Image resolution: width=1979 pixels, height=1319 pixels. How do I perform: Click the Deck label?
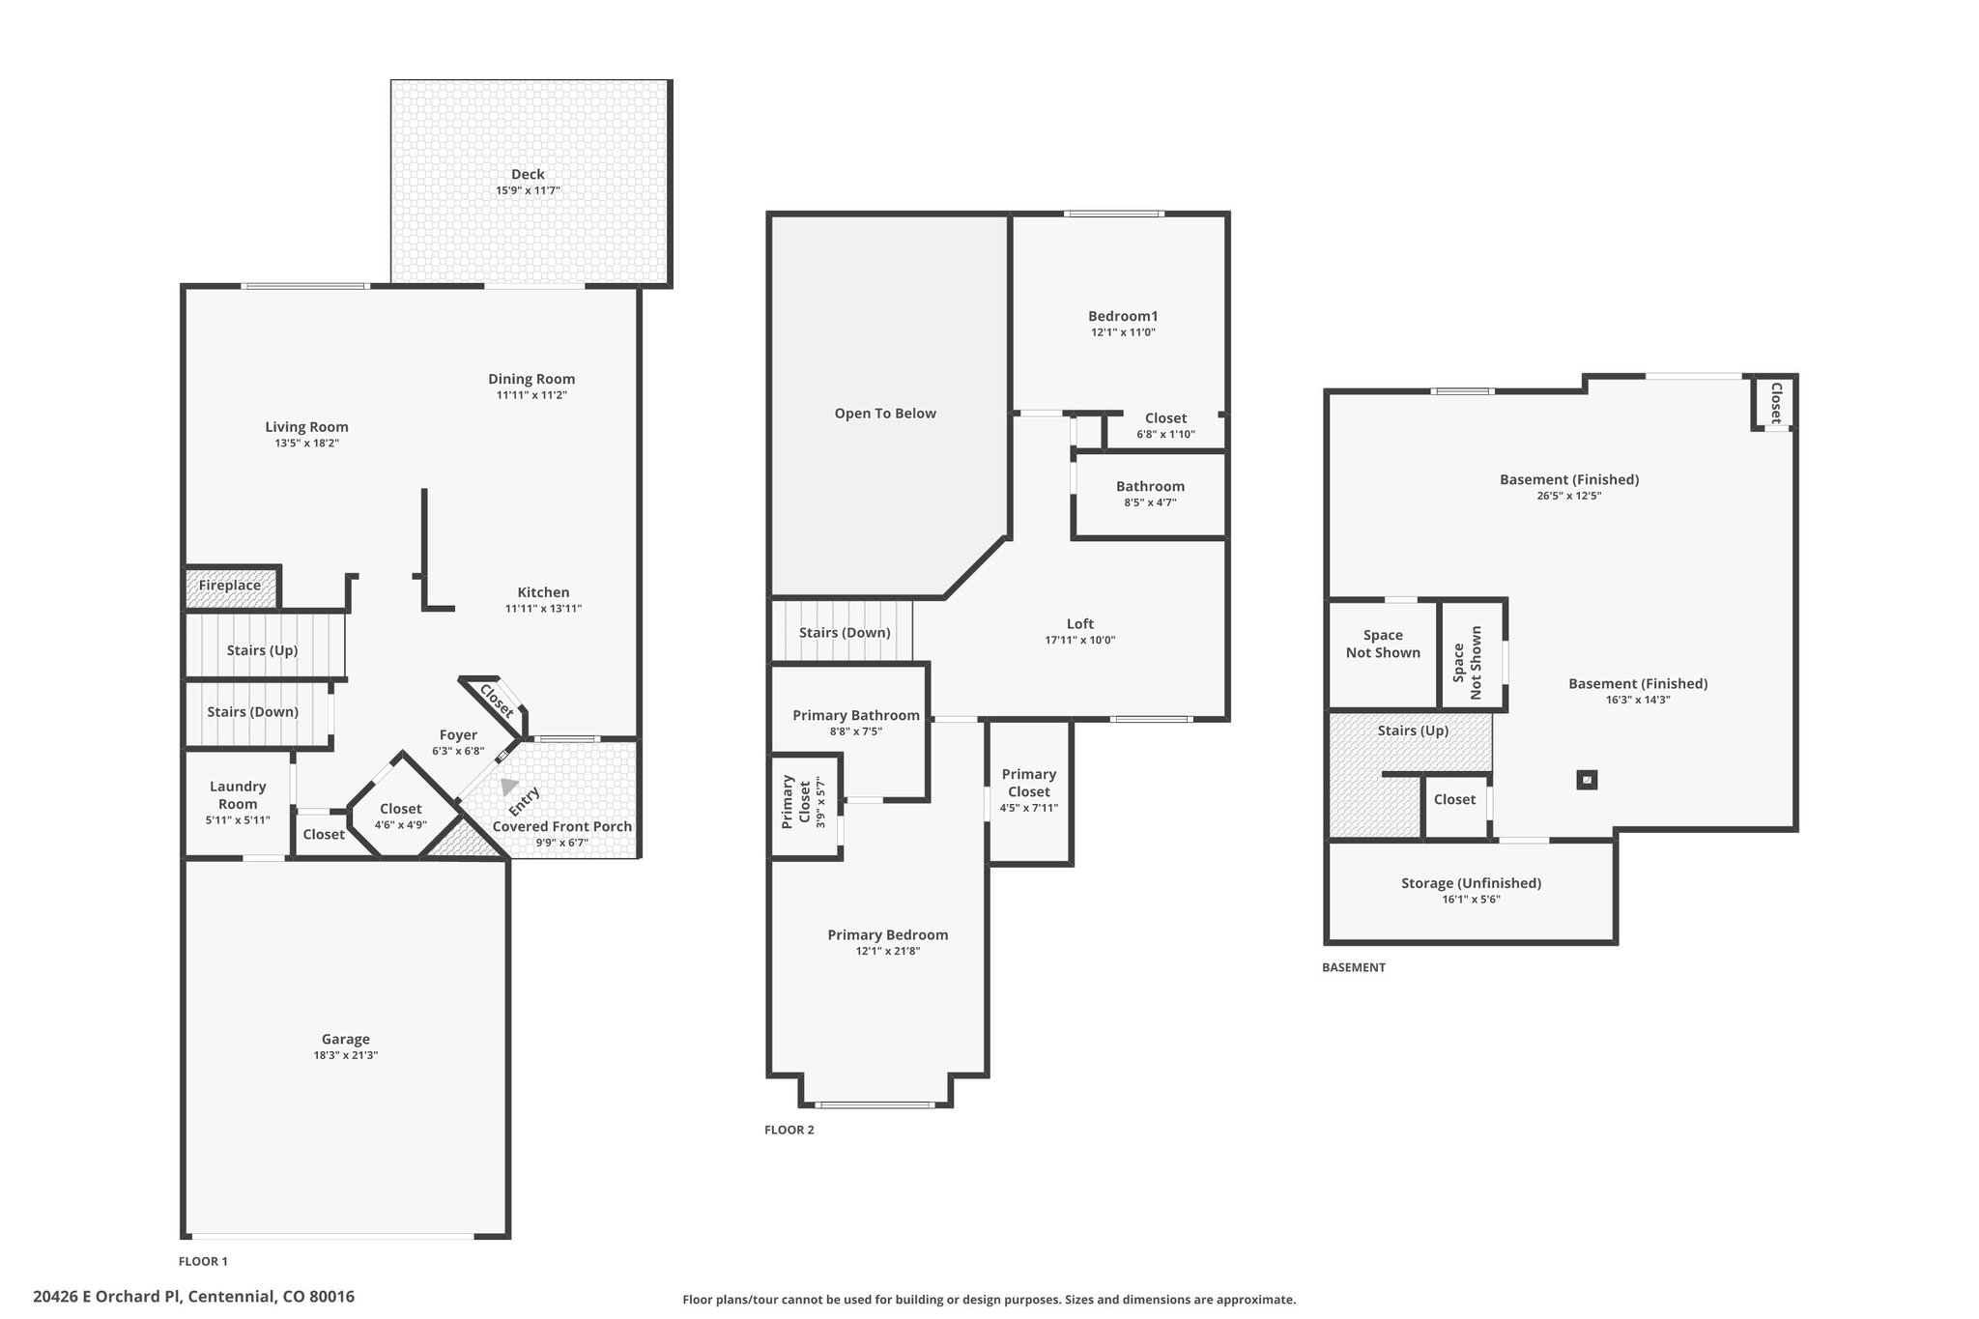528,174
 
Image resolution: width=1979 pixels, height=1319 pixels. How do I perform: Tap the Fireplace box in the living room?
232,588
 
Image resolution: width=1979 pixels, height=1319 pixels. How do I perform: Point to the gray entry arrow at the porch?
508,786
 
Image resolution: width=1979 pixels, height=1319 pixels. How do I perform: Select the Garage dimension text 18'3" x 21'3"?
345,1055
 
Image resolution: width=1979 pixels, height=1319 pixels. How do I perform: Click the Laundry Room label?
238,795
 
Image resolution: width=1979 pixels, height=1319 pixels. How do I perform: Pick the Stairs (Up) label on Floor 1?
262,650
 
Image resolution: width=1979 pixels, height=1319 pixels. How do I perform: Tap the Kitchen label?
543,592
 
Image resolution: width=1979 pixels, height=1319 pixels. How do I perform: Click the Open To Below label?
885,414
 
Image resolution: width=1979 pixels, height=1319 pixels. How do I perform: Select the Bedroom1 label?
1123,316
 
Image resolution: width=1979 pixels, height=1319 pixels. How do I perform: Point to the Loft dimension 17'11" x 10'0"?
1080,640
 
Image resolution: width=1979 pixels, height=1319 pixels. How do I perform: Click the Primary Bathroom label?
856,715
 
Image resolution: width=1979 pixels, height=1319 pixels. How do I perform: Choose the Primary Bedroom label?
888,934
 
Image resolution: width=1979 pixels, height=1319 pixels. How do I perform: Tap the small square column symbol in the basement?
1587,779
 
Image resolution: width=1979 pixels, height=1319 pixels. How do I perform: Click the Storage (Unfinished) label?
1471,883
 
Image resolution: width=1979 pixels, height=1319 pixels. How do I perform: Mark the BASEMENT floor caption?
1354,967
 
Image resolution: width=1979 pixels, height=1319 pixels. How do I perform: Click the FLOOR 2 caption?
789,1130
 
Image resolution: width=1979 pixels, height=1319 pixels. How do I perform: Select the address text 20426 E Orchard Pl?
106,1297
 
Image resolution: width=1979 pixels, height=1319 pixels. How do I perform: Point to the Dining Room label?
531,379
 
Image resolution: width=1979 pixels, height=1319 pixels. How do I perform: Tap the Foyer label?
458,735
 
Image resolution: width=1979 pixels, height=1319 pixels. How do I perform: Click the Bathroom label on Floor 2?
1150,486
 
